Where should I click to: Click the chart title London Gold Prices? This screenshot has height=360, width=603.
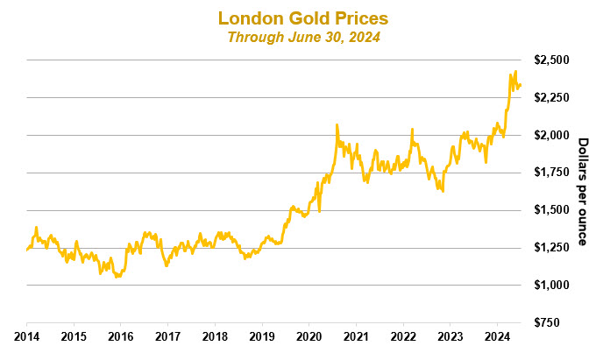[x=302, y=18]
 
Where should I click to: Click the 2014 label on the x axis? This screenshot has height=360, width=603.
[x=26, y=335]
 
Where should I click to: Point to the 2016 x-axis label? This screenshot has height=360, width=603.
[x=121, y=335]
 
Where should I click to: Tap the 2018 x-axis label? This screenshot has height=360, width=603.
[x=215, y=335]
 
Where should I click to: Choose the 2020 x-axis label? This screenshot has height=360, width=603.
[x=309, y=335]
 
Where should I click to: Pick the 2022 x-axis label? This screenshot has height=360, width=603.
[x=402, y=335]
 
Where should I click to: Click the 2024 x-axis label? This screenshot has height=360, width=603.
[x=497, y=335]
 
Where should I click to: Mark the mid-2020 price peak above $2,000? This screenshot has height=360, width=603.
[x=337, y=125]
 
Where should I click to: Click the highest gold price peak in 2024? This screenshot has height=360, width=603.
[x=515, y=72]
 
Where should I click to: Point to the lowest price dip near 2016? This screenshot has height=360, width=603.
[x=117, y=277]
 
